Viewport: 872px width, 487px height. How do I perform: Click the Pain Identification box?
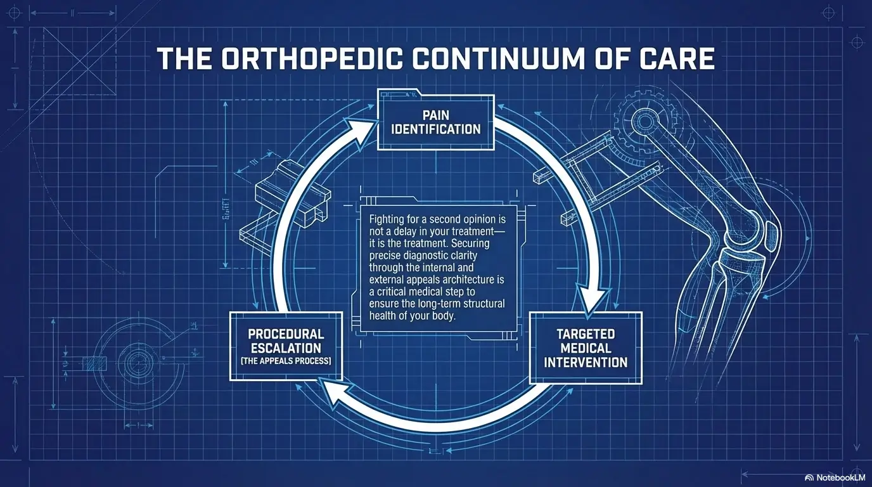pyautogui.click(x=435, y=121)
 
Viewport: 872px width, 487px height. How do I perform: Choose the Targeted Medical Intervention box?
pyautogui.click(x=585, y=347)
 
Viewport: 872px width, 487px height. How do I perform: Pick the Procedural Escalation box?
pyautogui.click(x=286, y=346)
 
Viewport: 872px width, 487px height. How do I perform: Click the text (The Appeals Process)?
pyautogui.click(x=286, y=361)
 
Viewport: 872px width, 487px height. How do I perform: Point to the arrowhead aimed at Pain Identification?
pyautogui.click(x=360, y=129)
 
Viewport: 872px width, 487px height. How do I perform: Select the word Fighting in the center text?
pyautogui.click(x=387, y=219)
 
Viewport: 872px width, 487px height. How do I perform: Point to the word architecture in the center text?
pyautogui.click(x=469, y=280)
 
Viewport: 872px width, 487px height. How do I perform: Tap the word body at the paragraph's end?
pyautogui.click(x=443, y=316)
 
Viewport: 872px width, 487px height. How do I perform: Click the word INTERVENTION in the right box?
pyautogui.click(x=585, y=363)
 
